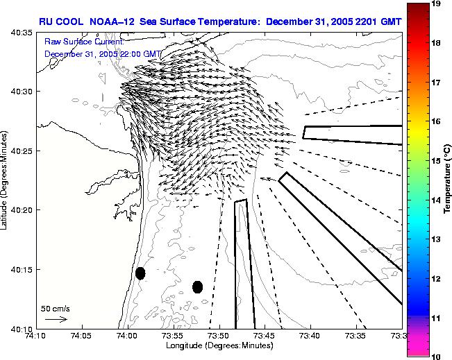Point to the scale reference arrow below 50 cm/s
tap(56, 319)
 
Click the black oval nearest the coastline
tap(140, 273)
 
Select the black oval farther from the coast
tap(197, 286)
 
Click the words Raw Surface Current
tap(83, 42)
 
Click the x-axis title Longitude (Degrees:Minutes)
tap(218, 345)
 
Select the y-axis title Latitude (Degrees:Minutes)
tap(6, 180)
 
